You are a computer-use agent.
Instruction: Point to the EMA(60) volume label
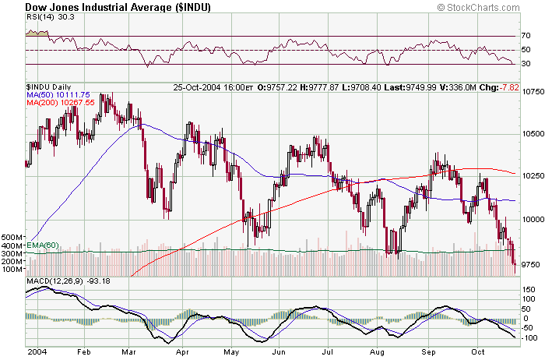[x=40, y=245]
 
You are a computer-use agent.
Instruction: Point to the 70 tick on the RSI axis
[x=526, y=36]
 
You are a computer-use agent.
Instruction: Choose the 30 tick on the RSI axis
[x=526, y=64]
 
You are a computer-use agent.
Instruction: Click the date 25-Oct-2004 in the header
[x=197, y=86]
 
